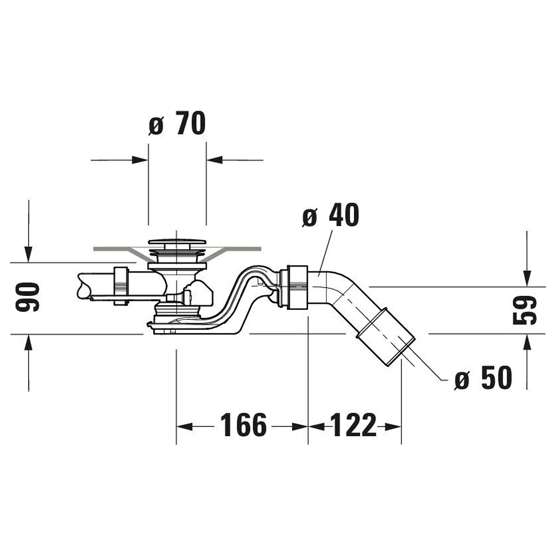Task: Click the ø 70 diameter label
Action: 177,123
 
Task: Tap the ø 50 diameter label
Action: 483,377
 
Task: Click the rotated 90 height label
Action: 27,297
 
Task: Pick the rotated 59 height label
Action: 525,310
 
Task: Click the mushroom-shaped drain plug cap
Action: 177,242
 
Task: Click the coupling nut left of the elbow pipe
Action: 297,287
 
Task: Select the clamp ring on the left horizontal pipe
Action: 121,286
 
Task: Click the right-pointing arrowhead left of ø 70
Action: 140,160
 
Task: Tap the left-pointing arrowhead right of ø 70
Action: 214,160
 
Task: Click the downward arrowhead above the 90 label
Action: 28,255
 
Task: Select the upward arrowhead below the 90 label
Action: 28,342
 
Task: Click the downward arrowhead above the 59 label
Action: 527,279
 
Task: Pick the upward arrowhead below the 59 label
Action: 527,342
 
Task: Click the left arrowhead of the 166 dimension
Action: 185,427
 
